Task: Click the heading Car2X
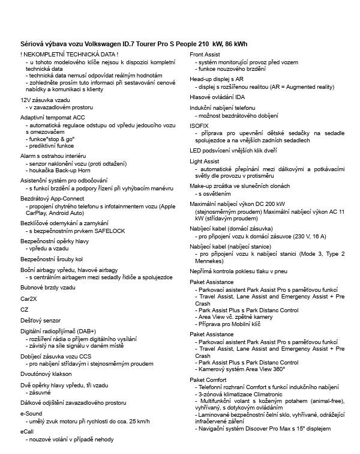coord(28,298)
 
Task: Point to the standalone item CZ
coord(25,309)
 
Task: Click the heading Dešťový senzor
coord(40,321)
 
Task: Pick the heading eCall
coord(28,431)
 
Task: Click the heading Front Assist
coord(205,55)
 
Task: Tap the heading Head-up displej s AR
coord(217,79)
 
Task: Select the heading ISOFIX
coord(200,125)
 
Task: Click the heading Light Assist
coord(205,162)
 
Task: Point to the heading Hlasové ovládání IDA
coord(217,97)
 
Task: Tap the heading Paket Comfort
coord(208,380)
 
